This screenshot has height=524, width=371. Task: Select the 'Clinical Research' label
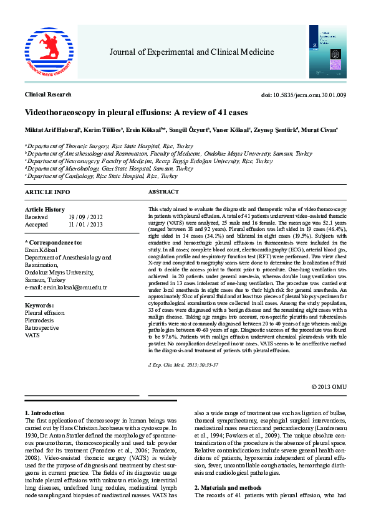click(x=47, y=95)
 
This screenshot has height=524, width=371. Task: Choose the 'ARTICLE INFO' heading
click(x=47, y=192)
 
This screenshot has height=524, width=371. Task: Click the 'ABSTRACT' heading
click(x=163, y=192)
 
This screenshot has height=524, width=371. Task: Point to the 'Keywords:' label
click(x=39, y=306)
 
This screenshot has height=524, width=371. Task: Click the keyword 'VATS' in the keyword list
click(x=32, y=335)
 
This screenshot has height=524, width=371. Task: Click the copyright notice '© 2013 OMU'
click(x=329, y=386)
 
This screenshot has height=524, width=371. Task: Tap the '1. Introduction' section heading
click(x=44, y=413)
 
